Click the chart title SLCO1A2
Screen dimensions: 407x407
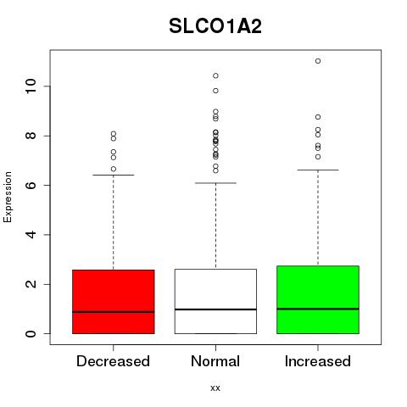215,26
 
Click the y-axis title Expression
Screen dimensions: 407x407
8,197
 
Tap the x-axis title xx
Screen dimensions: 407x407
215,387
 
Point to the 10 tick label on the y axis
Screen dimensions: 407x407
31,86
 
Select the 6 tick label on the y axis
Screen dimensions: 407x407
31,185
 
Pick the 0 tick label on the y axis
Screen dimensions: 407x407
31,333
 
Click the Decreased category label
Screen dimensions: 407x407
113,361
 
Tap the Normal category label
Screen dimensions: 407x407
215,361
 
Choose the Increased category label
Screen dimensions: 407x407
318,361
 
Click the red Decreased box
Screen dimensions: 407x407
114,302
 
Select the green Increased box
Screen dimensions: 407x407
318,299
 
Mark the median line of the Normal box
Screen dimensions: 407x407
215,309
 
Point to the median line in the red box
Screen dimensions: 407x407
114,312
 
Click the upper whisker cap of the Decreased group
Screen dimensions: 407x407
114,175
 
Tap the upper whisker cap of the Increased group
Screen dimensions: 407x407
318,170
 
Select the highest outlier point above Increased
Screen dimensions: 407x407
318,61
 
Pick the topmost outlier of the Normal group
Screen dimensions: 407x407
215,75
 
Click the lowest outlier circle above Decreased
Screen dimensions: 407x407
114,169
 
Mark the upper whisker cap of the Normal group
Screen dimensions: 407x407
215,183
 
